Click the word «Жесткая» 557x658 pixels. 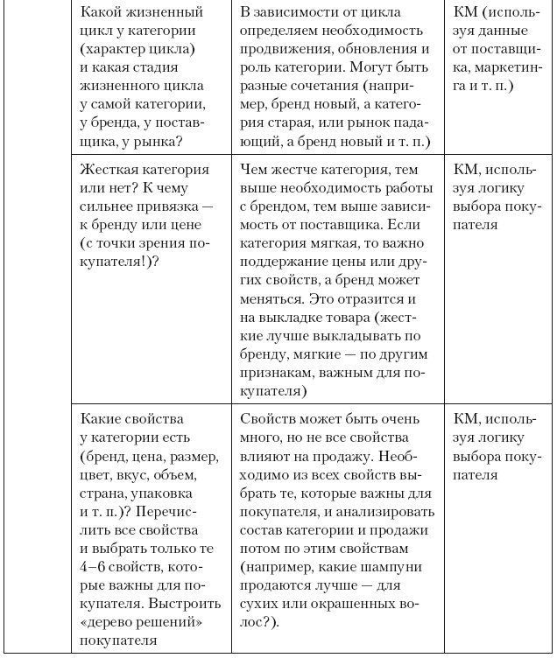[107, 170]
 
